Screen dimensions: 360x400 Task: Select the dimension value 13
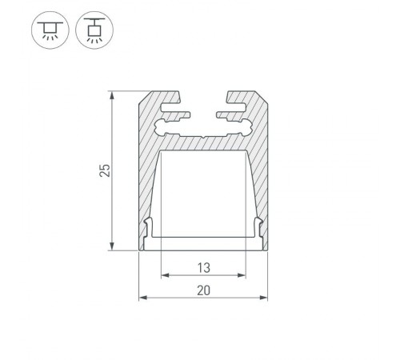pyautogui.click(x=203, y=267)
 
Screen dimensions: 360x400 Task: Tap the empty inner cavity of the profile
pyautogui.click(x=203, y=192)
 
